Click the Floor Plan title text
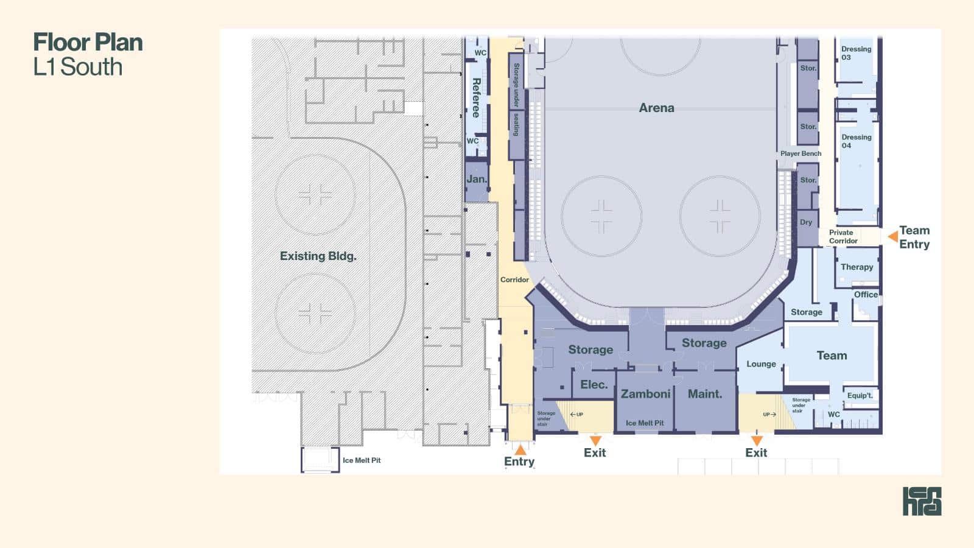[x=88, y=42]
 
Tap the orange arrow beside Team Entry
[x=892, y=236]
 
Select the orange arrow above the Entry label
[x=520, y=449]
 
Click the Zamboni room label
[x=645, y=393]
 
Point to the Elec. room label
[x=594, y=384]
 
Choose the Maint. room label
[x=705, y=393]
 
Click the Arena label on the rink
[x=657, y=108]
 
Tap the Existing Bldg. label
[x=318, y=256]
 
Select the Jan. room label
[x=477, y=179]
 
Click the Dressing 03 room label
[x=856, y=53]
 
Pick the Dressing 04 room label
[x=856, y=141]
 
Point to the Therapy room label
[x=857, y=267]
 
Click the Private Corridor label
[x=843, y=237]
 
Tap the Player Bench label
[x=801, y=153]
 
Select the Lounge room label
[x=761, y=364]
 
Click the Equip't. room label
[x=860, y=395]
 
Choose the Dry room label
[x=806, y=222]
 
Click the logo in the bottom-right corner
[x=922, y=501]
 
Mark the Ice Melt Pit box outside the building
[x=320, y=459]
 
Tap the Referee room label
[x=476, y=98]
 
